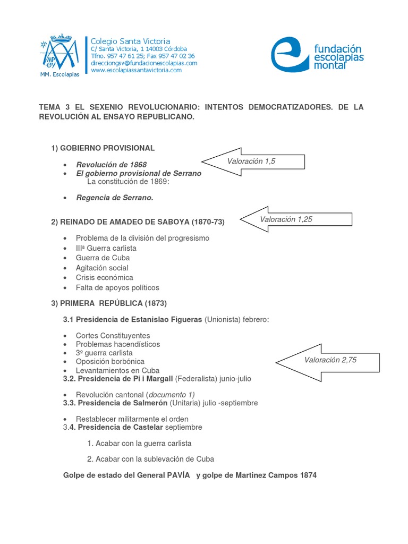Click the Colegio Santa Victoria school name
click(130, 41)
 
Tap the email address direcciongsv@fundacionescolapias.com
click(144, 63)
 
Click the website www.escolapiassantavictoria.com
click(136, 70)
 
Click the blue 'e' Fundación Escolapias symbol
click(290, 54)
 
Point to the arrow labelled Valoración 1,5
click(252, 161)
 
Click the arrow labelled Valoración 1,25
click(295, 219)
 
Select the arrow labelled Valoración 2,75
click(329, 360)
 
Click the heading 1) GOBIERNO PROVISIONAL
click(103, 148)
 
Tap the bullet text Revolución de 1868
click(111, 164)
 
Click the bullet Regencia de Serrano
click(114, 198)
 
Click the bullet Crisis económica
click(105, 277)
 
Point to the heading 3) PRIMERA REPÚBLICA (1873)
click(109, 303)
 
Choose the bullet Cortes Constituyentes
click(113, 335)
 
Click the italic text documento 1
click(171, 394)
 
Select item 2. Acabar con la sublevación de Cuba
click(150, 459)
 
